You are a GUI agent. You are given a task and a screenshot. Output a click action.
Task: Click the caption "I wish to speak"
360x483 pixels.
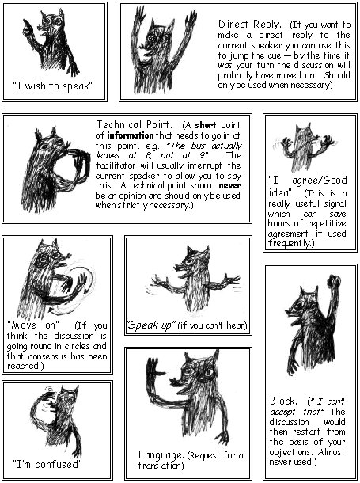coord(52,86)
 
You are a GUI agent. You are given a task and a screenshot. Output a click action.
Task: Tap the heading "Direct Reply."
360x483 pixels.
coord(249,24)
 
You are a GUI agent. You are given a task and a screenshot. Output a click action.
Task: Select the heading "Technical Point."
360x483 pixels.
coord(134,125)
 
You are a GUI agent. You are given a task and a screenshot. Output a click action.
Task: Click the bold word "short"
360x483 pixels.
coord(205,125)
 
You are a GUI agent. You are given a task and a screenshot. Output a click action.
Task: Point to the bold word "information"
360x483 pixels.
coord(130,135)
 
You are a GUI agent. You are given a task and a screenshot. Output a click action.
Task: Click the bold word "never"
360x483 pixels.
coord(229,186)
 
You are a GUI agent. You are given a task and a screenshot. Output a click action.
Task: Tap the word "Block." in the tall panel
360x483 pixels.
coord(283,401)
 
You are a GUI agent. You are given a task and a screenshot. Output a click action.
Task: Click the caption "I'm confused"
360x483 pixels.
coord(47,464)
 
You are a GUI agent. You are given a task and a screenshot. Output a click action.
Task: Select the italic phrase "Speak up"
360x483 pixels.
coord(151,325)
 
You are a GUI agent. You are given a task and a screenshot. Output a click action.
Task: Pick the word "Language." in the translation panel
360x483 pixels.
coord(161,455)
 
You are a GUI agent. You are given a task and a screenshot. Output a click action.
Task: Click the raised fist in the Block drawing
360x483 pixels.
coord(334,280)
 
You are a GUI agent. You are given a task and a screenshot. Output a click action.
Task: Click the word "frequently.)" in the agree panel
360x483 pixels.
coord(291,243)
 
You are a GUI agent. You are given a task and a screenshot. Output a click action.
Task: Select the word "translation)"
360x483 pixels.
coord(161,466)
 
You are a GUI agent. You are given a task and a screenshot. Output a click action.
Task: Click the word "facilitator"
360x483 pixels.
coord(116,165)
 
